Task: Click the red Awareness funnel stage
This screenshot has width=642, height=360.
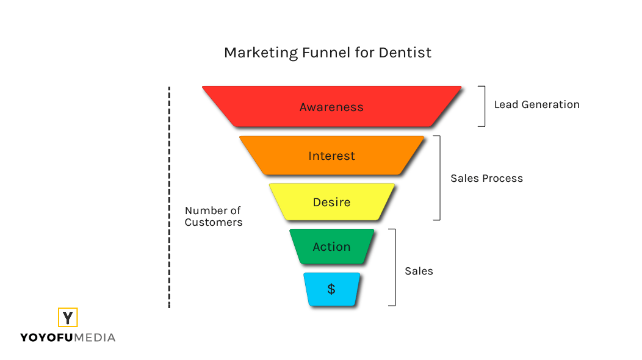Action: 331,107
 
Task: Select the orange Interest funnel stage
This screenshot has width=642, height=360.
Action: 331,156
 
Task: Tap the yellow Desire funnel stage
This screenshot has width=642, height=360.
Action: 331,202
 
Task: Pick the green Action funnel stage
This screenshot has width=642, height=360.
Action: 331,247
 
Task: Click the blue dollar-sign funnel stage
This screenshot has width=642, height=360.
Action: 331,289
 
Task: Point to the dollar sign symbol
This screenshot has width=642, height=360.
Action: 331,289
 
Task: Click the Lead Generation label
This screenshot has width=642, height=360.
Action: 537,104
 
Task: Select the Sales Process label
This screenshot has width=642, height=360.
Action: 487,178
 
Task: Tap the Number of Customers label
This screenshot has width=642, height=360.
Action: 214,216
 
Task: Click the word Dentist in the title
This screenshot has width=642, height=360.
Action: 405,52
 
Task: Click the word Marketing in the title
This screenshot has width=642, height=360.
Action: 261,53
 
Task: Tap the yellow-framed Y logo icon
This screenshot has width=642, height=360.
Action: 68,317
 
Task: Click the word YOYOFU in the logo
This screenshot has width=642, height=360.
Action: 46,337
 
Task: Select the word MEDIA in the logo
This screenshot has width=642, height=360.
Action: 95,337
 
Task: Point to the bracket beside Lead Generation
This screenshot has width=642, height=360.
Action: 485,106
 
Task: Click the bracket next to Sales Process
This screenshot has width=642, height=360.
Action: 440,178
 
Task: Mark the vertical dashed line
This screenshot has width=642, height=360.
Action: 169,197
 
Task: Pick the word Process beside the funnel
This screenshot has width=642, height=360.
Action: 503,178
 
